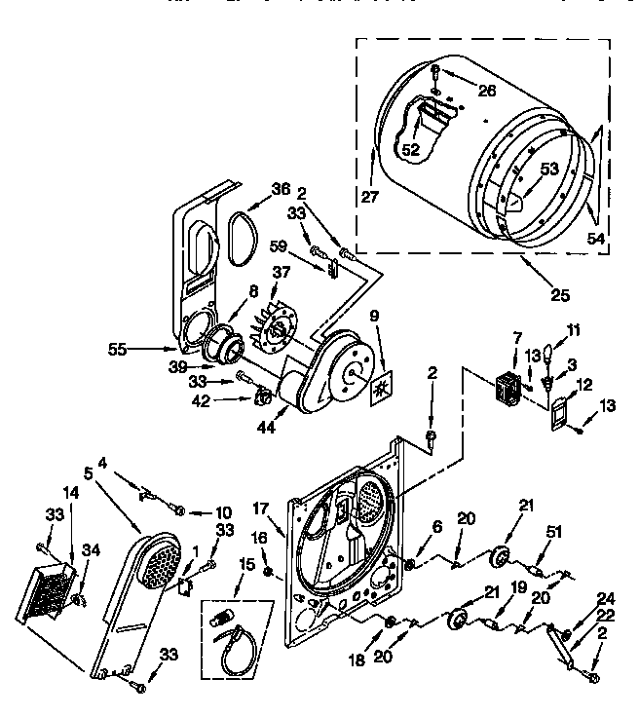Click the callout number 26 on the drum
[487, 91]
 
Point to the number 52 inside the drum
[411, 149]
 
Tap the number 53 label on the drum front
[549, 170]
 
